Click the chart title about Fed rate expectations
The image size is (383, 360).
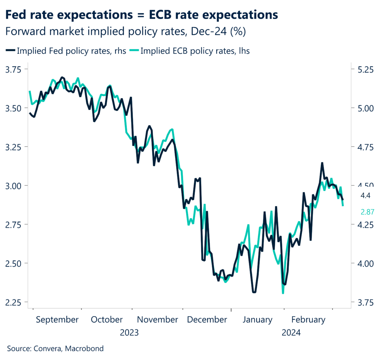[143, 15]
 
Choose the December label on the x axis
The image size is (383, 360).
[207, 320]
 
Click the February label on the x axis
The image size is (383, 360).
[308, 320]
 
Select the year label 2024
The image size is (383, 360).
[291, 332]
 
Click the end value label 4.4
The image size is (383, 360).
[365, 195]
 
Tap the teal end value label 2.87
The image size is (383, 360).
[367, 212]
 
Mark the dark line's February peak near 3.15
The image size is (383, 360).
[322, 163]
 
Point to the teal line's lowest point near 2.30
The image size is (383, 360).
[283, 293]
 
